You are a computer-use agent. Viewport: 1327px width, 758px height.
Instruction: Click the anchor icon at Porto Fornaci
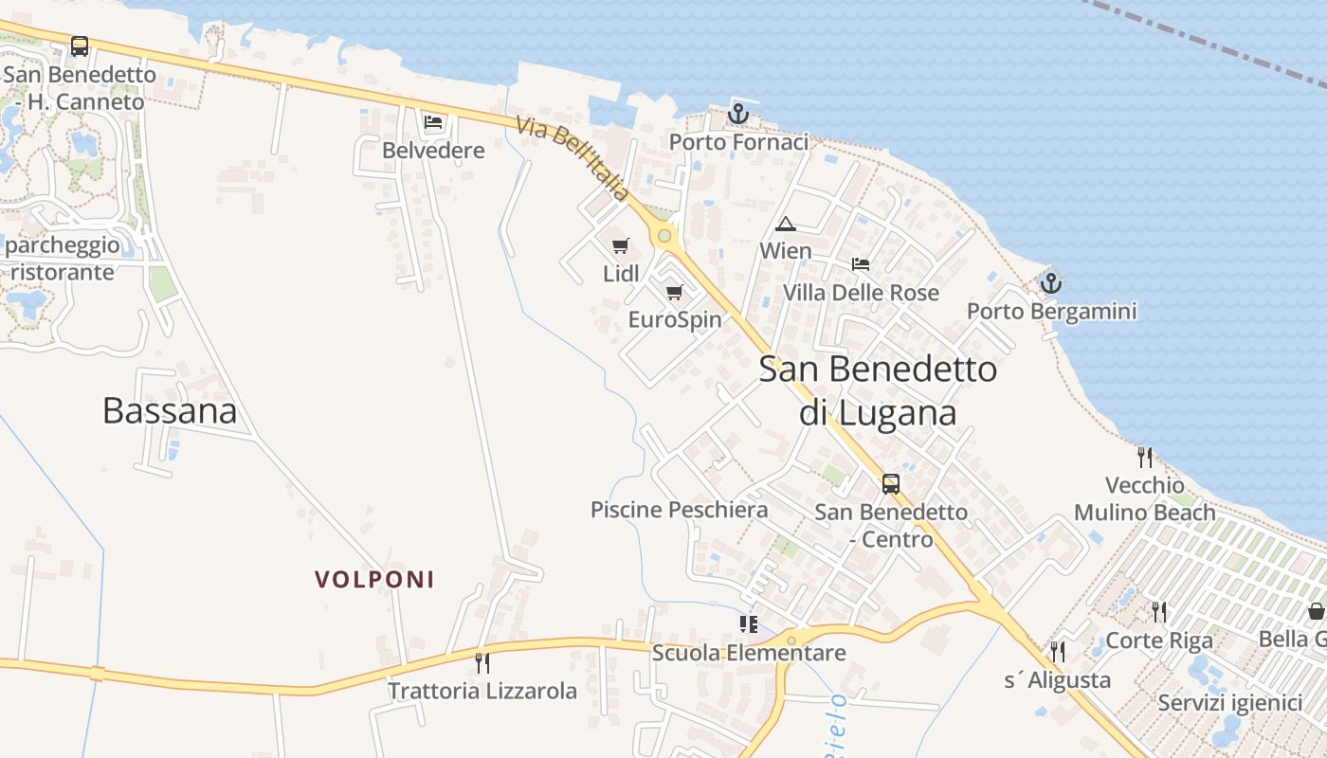(738, 114)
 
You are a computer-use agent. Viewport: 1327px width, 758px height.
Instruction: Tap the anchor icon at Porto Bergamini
(1050, 282)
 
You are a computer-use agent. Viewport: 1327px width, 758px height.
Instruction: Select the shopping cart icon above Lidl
(621, 246)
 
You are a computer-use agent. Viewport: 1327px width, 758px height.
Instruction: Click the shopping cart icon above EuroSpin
(675, 292)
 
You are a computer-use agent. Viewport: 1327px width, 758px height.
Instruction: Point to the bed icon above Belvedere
(433, 122)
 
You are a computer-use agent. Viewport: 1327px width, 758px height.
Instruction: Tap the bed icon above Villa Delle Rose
(861, 264)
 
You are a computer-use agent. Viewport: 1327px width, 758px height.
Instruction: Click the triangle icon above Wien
(785, 225)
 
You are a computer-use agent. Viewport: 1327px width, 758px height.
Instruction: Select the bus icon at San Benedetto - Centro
(891, 484)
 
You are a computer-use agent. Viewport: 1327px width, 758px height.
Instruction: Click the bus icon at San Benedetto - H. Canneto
(80, 45)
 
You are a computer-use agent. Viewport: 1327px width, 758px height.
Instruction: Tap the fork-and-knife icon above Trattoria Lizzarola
(482, 662)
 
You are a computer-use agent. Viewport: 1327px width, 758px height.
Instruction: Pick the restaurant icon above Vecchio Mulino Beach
(1145, 458)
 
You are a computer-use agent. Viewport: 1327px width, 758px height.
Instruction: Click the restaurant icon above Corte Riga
(1158, 612)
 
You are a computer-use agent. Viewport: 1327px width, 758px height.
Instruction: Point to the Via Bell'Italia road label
(573, 158)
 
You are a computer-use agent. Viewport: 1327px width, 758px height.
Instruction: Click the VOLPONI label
(374, 580)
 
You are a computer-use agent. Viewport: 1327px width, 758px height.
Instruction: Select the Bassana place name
(170, 410)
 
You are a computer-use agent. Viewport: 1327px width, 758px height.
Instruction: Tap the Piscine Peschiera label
(679, 510)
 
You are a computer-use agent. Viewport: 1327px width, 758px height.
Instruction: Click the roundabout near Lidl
(664, 235)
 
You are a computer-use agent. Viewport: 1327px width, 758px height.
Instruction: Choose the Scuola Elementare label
(749, 653)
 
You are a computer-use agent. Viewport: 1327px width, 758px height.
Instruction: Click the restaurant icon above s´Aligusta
(1058, 651)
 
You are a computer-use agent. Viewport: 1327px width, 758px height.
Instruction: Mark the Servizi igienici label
(1230, 703)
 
